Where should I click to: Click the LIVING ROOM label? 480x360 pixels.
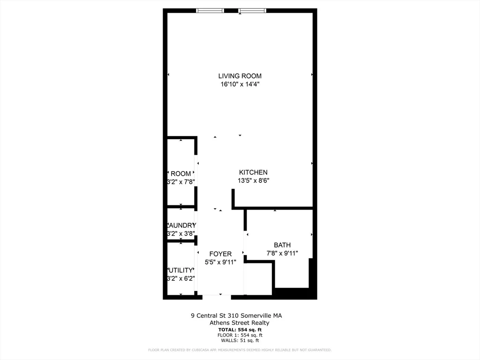coord(240,76)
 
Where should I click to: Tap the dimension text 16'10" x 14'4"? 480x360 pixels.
coord(240,84)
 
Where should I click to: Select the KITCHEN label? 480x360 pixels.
coord(253,172)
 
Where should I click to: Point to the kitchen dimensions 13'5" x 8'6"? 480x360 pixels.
coord(253,180)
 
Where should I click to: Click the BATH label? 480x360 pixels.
coord(282,245)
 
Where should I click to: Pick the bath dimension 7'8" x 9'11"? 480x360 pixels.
coord(282,253)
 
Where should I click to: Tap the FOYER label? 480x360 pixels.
coord(220,254)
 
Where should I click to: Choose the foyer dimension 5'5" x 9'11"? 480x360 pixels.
coord(220,262)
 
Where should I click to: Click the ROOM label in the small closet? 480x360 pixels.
coord(181,174)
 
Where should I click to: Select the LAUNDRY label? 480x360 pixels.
coord(181,225)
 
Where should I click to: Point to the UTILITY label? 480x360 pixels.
coord(181,270)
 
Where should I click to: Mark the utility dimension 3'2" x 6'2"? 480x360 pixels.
coord(181,278)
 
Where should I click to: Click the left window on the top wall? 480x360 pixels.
coord(210,10)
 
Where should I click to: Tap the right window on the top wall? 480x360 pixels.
coord(252,10)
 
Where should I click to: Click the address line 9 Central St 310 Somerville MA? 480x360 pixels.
coord(236,315)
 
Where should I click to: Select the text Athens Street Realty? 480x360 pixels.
coord(240,322)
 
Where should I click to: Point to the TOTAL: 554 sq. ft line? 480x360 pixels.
coord(240,330)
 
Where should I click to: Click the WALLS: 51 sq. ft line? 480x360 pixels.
coord(240,341)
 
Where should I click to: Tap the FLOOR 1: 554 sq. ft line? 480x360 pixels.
coord(240,335)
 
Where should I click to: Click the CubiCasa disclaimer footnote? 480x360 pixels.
coord(240,350)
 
